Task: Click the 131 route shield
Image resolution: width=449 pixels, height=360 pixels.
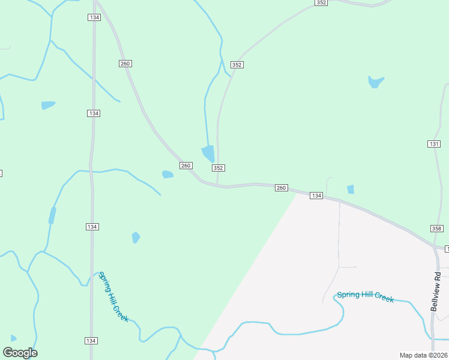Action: pos(434,144)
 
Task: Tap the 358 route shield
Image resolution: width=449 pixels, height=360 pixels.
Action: pos(436,229)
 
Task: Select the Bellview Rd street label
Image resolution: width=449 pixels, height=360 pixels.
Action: pos(435,292)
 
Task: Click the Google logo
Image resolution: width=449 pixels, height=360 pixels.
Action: pos(20,353)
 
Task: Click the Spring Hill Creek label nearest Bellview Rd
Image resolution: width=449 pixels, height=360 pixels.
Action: pos(365,296)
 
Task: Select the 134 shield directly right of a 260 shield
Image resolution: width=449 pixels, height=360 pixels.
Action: pos(316,196)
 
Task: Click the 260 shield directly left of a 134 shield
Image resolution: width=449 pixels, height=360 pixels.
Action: pos(281,188)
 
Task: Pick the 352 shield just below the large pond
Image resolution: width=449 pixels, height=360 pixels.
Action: pos(218,169)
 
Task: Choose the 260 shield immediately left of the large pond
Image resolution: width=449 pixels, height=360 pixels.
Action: pos(185,166)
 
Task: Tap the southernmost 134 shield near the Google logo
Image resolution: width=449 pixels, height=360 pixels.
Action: pos(91,341)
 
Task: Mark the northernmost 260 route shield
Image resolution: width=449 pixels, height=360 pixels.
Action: pos(125,63)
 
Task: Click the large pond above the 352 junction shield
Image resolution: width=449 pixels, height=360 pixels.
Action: pos(208,154)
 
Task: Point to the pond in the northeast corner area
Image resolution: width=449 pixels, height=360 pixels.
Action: pos(375,82)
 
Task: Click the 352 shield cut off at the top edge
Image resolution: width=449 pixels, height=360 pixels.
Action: pos(321,3)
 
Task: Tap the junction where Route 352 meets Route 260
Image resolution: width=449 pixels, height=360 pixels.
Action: pos(217,186)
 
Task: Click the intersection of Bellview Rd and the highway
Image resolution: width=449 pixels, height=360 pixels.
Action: pos(436,247)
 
